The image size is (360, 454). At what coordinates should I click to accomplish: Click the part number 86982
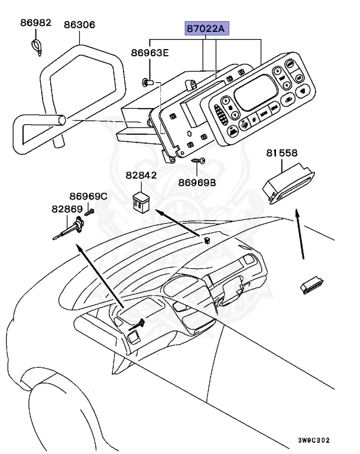pyautogui.click(x=35, y=24)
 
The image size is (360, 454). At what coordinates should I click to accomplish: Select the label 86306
pyautogui.click(x=80, y=25)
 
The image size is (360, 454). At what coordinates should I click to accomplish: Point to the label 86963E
pyautogui.click(x=150, y=53)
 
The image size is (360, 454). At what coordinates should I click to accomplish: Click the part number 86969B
pyautogui.click(x=197, y=183)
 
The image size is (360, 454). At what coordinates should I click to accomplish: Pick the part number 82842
pyautogui.click(x=141, y=176)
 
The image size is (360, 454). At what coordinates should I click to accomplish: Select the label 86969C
pyautogui.click(x=88, y=196)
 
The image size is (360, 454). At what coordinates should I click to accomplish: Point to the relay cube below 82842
pyautogui.click(x=141, y=200)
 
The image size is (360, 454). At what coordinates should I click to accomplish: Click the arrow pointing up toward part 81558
pyautogui.click(x=300, y=236)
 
